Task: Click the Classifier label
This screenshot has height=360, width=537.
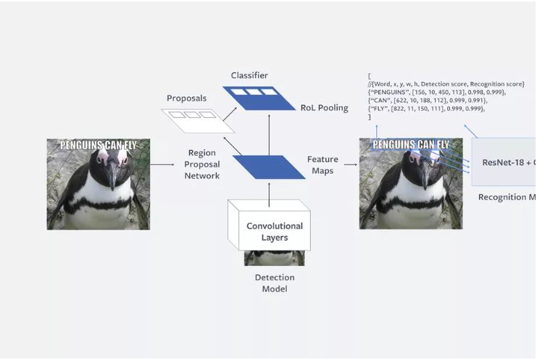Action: tap(249, 75)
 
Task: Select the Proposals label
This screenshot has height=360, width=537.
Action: tap(186, 99)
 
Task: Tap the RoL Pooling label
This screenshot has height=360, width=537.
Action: tap(324, 108)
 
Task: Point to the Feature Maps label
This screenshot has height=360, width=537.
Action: tap(322, 164)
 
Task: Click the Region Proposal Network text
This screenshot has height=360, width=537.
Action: tap(202, 164)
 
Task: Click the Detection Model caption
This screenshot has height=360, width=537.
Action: tap(274, 283)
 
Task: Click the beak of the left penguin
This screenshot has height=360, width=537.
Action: tap(110, 175)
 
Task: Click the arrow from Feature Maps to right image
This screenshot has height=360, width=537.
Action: tap(350, 165)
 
